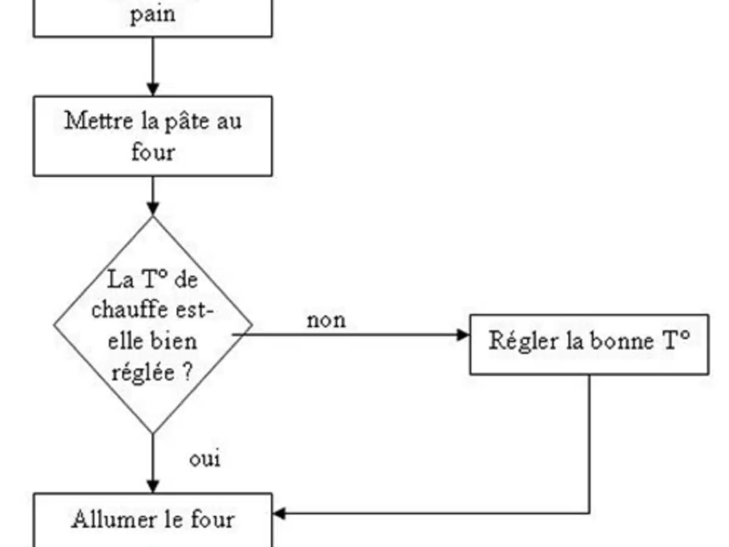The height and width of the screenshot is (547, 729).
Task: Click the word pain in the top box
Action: tap(152, 14)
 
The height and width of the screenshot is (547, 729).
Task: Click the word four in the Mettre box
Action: tap(152, 151)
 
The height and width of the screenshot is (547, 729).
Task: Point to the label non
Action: tap(326, 320)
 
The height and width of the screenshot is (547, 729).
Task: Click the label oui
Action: tap(205, 458)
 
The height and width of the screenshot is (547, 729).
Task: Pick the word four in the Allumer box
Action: tap(212, 520)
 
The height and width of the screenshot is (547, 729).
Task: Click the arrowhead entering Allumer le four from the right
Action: tap(278, 514)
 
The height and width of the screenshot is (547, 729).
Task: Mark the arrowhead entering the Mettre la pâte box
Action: tap(152, 91)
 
